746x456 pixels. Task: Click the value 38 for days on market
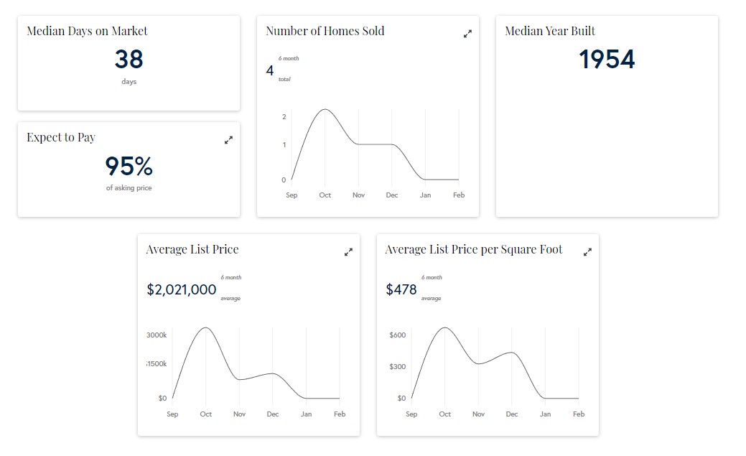click(x=129, y=60)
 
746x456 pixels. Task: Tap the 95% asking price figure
click(x=129, y=167)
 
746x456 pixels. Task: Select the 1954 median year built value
click(x=607, y=60)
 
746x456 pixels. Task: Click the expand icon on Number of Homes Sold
click(x=467, y=34)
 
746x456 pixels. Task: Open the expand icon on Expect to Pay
click(x=228, y=140)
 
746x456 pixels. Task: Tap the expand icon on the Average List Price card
click(x=348, y=252)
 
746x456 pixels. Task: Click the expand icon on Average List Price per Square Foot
click(x=587, y=252)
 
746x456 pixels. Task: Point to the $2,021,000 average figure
click(x=182, y=289)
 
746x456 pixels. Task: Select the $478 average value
click(x=401, y=289)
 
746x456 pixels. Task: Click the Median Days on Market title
click(x=87, y=31)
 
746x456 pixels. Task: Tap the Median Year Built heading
click(x=550, y=31)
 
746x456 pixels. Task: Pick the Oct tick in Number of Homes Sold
click(x=325, y=195)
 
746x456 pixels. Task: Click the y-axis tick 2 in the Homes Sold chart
click(x=284, y=117)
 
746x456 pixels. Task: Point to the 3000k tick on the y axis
click(x=157, y=335)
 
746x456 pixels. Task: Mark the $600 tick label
click(x=398, y=335)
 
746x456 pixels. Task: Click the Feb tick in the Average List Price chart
click(x=340, y=414)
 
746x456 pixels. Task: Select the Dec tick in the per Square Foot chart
click(x=512, y=414)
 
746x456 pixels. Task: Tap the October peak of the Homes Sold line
click(x=325, y=109)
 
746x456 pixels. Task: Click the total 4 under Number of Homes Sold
click(x=270, y=70)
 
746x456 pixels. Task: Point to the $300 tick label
click(x=398, y=367)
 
